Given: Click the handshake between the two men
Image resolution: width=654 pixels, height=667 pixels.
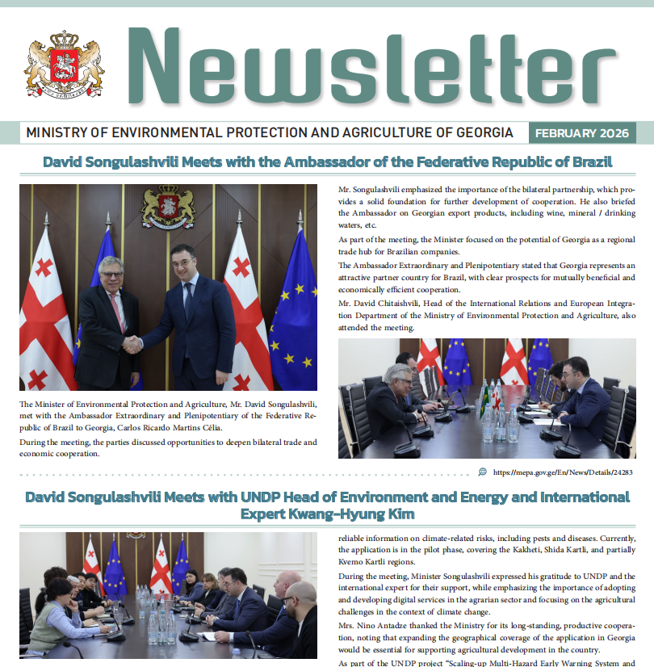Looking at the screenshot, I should tap(132, 343).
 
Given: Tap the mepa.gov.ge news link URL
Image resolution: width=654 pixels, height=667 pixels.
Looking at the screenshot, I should tap(561, 472).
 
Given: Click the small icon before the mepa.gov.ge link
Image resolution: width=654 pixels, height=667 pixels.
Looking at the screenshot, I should tap(483, 472).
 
